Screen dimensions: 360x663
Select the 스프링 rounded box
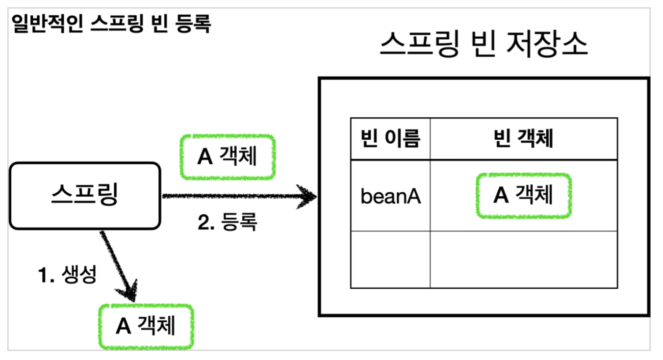point(85,196)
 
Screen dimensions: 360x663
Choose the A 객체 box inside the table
point(523,195)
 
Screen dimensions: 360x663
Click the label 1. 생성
point(67,275)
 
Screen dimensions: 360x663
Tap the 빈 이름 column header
point(390,139)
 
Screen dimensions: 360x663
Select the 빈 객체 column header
point(523,139)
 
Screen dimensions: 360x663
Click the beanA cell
point(390,196)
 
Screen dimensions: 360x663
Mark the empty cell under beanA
point(390,259)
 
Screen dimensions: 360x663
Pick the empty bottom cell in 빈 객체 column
point(523,259)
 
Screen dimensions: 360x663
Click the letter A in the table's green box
point(501,196)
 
